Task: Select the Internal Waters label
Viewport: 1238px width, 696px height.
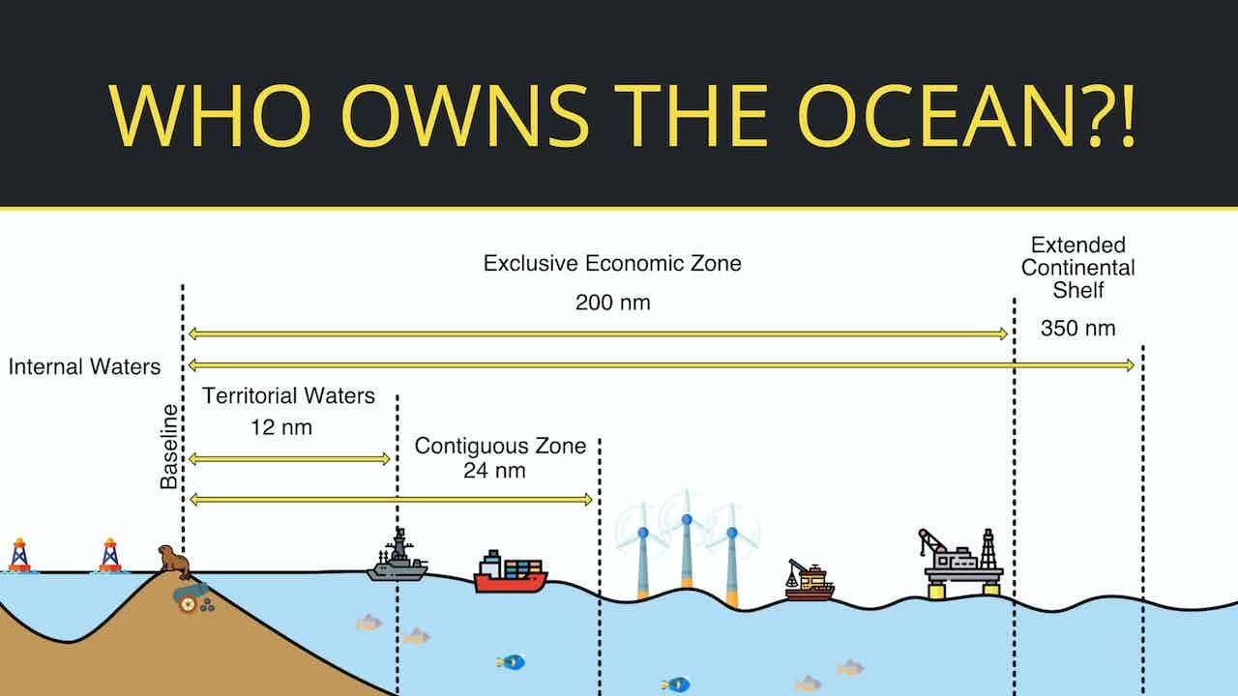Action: (84, 367)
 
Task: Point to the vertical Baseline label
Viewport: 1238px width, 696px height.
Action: (169, 447)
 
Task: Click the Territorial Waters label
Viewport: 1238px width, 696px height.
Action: (288, 396)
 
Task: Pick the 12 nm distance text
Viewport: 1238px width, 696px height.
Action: (281, 426)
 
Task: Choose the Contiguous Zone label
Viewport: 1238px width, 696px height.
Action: (500, 446)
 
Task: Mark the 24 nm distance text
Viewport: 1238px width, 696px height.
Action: (494, 472)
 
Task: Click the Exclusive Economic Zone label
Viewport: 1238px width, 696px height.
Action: (612, 263)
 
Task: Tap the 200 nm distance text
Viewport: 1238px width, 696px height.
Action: (612, 303)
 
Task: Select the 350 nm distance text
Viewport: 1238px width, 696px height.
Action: (1077, 329)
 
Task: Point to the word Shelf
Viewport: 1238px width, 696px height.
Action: (1077, 290)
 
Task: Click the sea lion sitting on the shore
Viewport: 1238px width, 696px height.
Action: (174, 562)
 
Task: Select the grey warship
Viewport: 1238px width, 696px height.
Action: (397, 559)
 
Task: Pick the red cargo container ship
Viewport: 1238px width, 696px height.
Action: (510, 572)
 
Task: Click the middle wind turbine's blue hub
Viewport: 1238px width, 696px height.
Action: (686, 520)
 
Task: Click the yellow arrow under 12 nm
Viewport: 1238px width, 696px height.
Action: (289, 458)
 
